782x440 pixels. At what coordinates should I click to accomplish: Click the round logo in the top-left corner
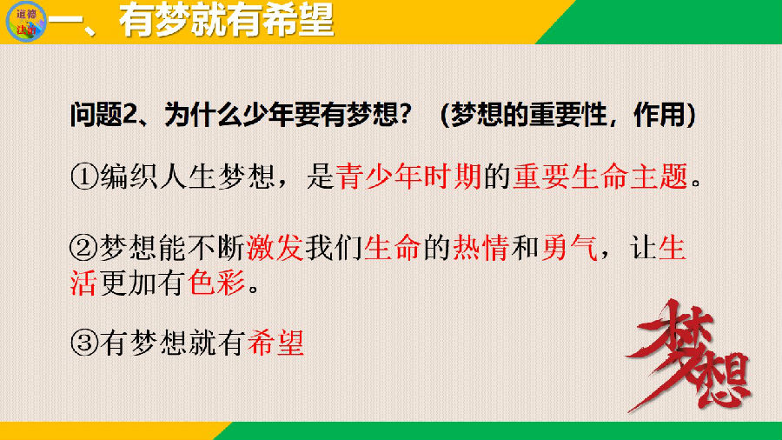click(26, 22)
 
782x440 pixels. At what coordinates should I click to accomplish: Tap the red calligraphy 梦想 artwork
click(689, 355)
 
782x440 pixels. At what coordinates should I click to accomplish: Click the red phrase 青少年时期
click(408, 177)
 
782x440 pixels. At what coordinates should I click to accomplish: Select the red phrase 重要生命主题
click(600, 177)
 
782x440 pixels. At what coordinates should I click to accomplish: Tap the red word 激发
click(275, 248)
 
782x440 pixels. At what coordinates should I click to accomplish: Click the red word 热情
click(480, 248)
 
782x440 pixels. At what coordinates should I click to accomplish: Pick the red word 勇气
click(569, 248)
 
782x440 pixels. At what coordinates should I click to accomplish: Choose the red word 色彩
click(216, 283)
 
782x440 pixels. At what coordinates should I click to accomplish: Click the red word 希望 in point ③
click(275, 343)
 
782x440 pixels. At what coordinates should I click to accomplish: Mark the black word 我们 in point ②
click(334, 248)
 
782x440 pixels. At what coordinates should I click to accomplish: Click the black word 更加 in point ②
click(129, 283)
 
